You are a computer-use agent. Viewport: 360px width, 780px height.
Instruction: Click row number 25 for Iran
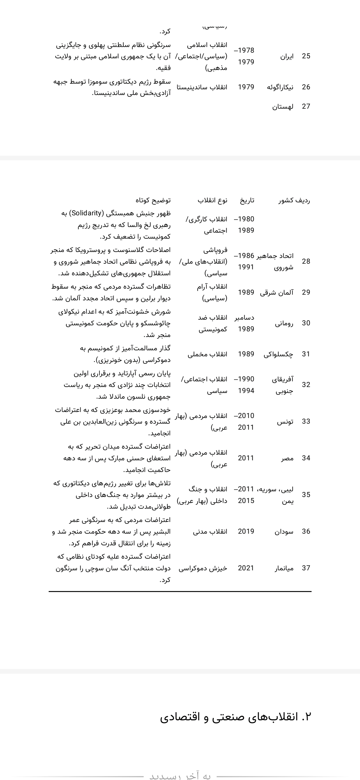tap(306, 56)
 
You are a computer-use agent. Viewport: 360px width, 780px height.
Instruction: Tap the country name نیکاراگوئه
tap(280, 87)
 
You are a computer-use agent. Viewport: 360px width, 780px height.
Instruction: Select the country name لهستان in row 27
tap(283, 106)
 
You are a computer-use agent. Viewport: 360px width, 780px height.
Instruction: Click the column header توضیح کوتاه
tap(153, 200)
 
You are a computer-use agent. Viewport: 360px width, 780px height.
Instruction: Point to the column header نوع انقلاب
tap(212, 200)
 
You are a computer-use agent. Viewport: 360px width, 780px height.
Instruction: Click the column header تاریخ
tap(247, 200)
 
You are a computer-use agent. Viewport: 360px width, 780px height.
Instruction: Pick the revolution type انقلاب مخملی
tap(207, 354)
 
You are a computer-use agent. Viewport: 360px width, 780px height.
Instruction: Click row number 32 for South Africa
tap(306, 385)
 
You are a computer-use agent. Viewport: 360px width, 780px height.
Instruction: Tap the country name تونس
tap(285, 421)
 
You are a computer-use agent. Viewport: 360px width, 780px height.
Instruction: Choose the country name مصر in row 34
tap(287, 458)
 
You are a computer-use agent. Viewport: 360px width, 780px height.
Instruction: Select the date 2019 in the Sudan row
tap(246, 531)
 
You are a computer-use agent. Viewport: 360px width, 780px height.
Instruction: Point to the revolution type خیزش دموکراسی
tap(203, 568)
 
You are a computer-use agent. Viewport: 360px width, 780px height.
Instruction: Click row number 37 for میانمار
tap(306, 568)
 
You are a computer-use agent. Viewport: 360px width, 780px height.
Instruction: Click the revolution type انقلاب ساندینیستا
tap(202, 87)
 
